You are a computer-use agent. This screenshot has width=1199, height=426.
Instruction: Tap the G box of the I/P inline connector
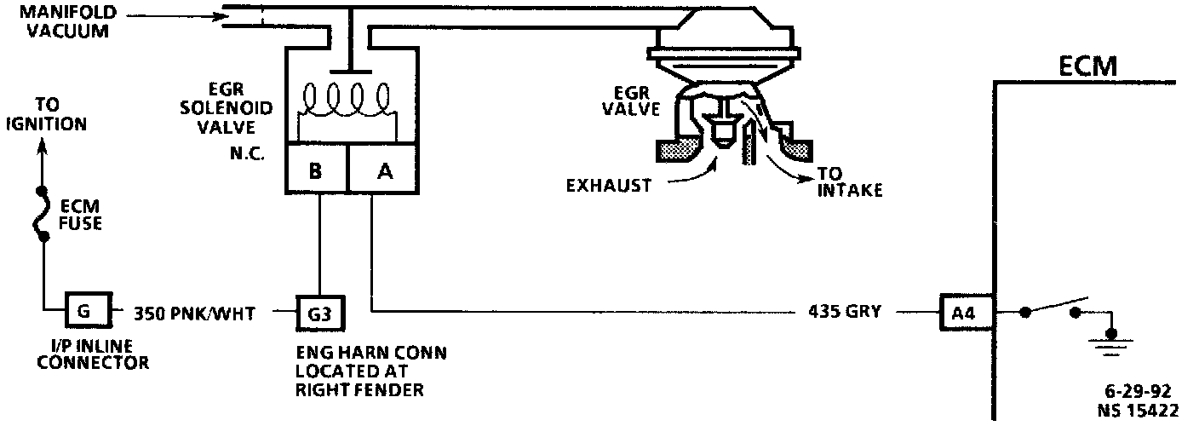point(88,312)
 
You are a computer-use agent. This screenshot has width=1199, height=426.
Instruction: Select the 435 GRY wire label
point(839,313)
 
